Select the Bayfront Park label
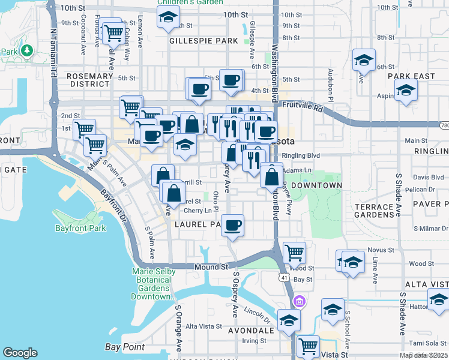80,228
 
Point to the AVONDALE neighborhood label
251,330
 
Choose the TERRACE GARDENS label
373,211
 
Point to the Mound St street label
211,266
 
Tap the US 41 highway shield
283,278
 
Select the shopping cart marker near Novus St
294,253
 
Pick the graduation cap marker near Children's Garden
168,18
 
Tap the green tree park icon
26,50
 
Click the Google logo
20,353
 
